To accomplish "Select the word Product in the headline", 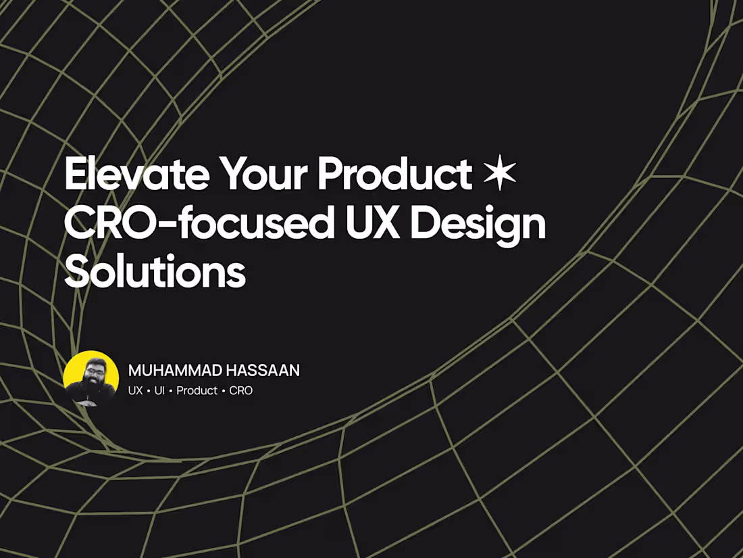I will (394, 175).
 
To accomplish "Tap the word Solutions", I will (155, 273).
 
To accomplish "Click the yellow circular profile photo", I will (91, 378).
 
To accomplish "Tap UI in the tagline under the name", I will (159, 391).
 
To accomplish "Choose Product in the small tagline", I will (197, 391).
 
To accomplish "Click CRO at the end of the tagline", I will (241, 391).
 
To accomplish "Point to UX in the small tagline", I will (136, 391).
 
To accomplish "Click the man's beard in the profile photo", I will (91, 387).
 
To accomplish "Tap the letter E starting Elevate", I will (74, 175).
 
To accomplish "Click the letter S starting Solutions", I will (75, 273).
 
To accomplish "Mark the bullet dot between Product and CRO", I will (224, 391).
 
